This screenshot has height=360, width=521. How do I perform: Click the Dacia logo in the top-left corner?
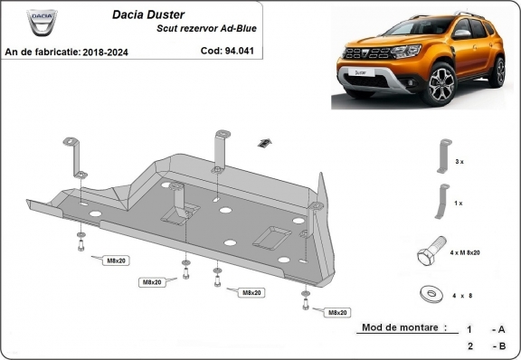(x=39, y=22)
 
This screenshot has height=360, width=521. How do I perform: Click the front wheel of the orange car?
(x=444, y=84)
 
